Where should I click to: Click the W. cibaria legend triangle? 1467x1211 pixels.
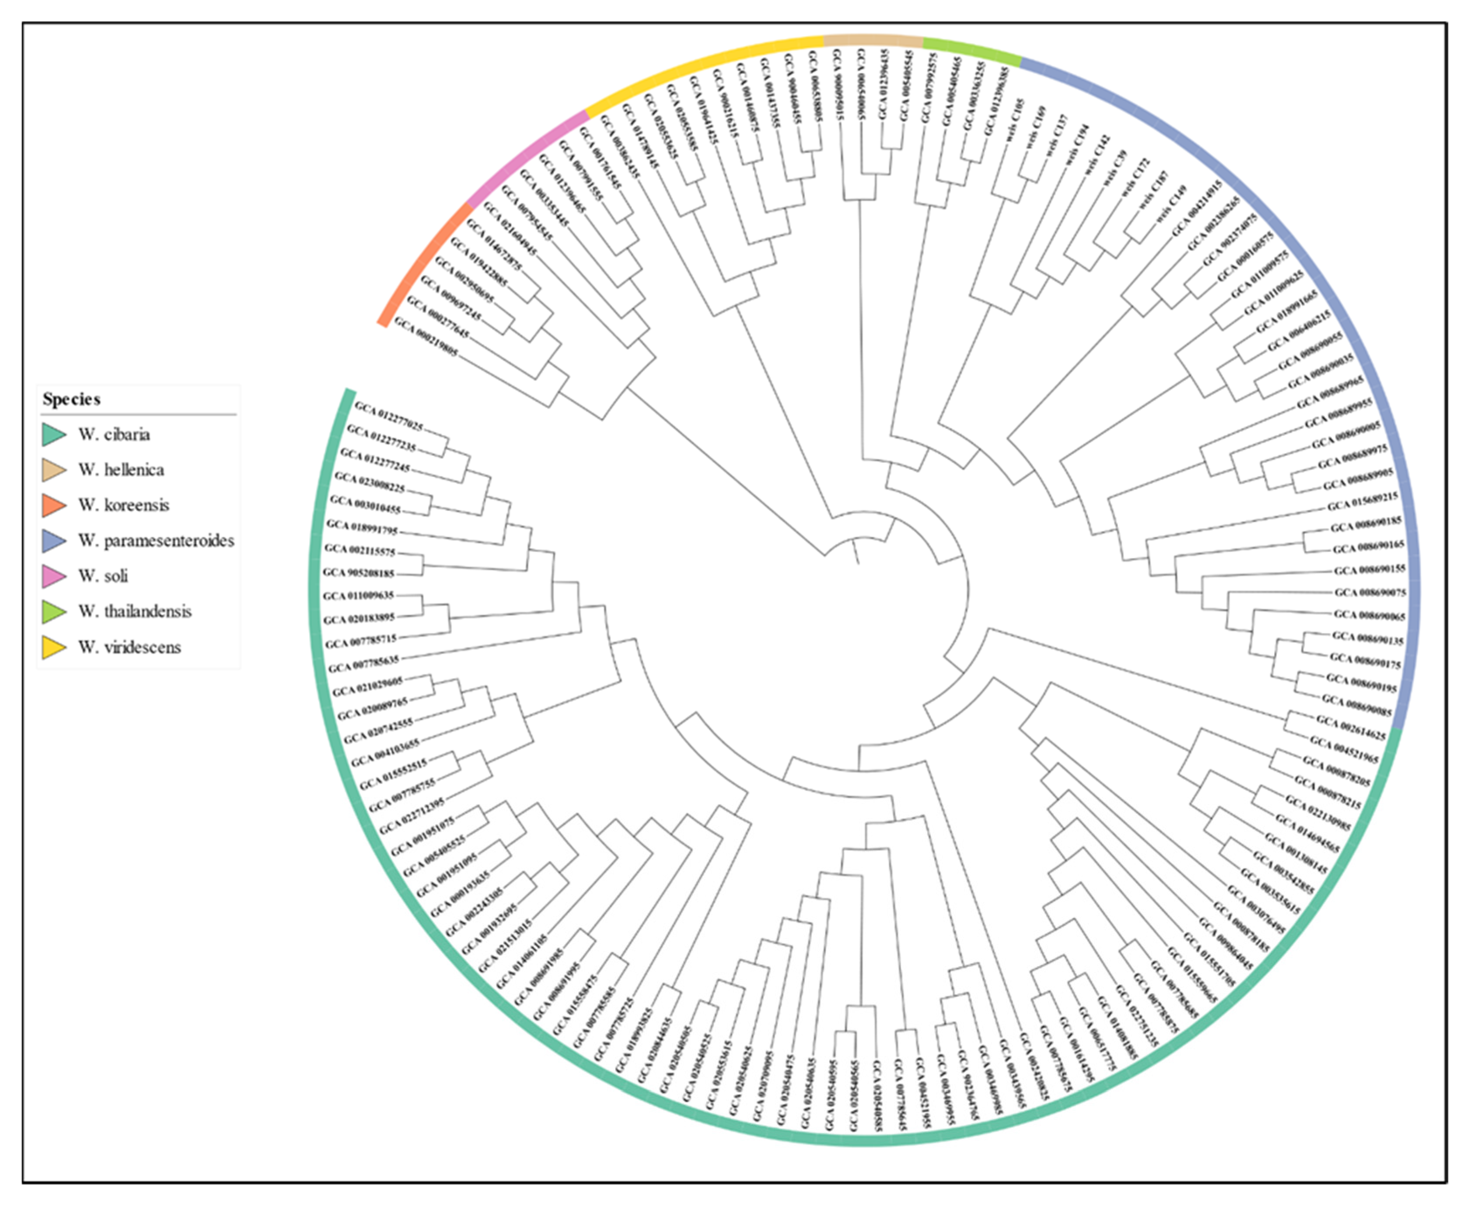click(x=54, y=434)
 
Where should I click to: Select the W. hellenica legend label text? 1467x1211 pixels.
click(x=121, y=469)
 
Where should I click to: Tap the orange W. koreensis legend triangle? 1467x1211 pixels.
click(x=54, y=505)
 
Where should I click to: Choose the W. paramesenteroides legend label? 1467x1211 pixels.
click(x=156, y=541)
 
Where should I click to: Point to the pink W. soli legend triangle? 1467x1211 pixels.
click(x=54, y=576)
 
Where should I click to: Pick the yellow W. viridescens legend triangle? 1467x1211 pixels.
click(x=54, y=647)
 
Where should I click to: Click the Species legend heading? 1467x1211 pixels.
click(x=71, y=399)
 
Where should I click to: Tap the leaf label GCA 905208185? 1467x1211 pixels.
click(x=359, y=573)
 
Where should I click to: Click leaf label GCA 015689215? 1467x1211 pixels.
click(x=1362, y=501)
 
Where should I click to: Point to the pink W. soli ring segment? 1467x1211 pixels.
click(x=524, y=156)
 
